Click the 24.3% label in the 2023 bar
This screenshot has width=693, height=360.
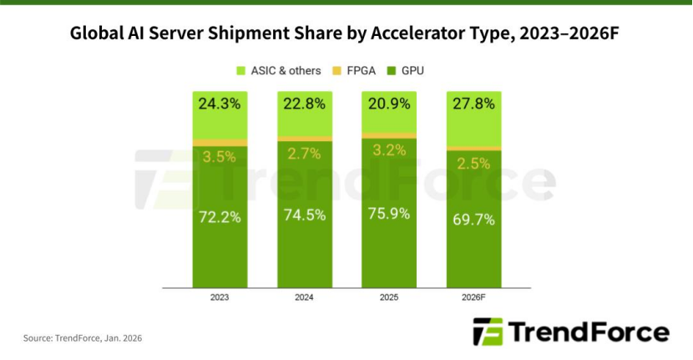(x=220, y=105)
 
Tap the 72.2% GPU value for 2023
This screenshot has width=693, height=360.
(x=220, y=217)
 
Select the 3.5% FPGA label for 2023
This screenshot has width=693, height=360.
(x=220, y=157)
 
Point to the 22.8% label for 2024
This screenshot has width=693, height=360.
(x=305, y=105)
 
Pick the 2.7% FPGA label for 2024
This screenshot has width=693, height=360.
(x=305, y=154)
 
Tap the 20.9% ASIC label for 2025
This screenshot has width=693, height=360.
(x=389, y=105)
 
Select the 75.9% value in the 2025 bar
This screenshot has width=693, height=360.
(x=389, y=213)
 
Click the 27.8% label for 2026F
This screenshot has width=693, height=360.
(x=473, y=105)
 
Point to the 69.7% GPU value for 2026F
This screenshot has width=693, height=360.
(x=473, y=220)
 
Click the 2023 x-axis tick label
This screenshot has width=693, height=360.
(x=220, y=297)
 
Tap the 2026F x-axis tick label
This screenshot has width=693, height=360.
(x=473, y=297)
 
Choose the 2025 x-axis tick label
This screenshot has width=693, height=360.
(x=389, y=297)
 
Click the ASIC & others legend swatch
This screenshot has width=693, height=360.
(x=242, y=71)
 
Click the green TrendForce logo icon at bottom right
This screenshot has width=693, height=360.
(x=487, y=332)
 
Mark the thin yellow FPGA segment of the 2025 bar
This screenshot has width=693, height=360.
(x=389, y=134)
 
